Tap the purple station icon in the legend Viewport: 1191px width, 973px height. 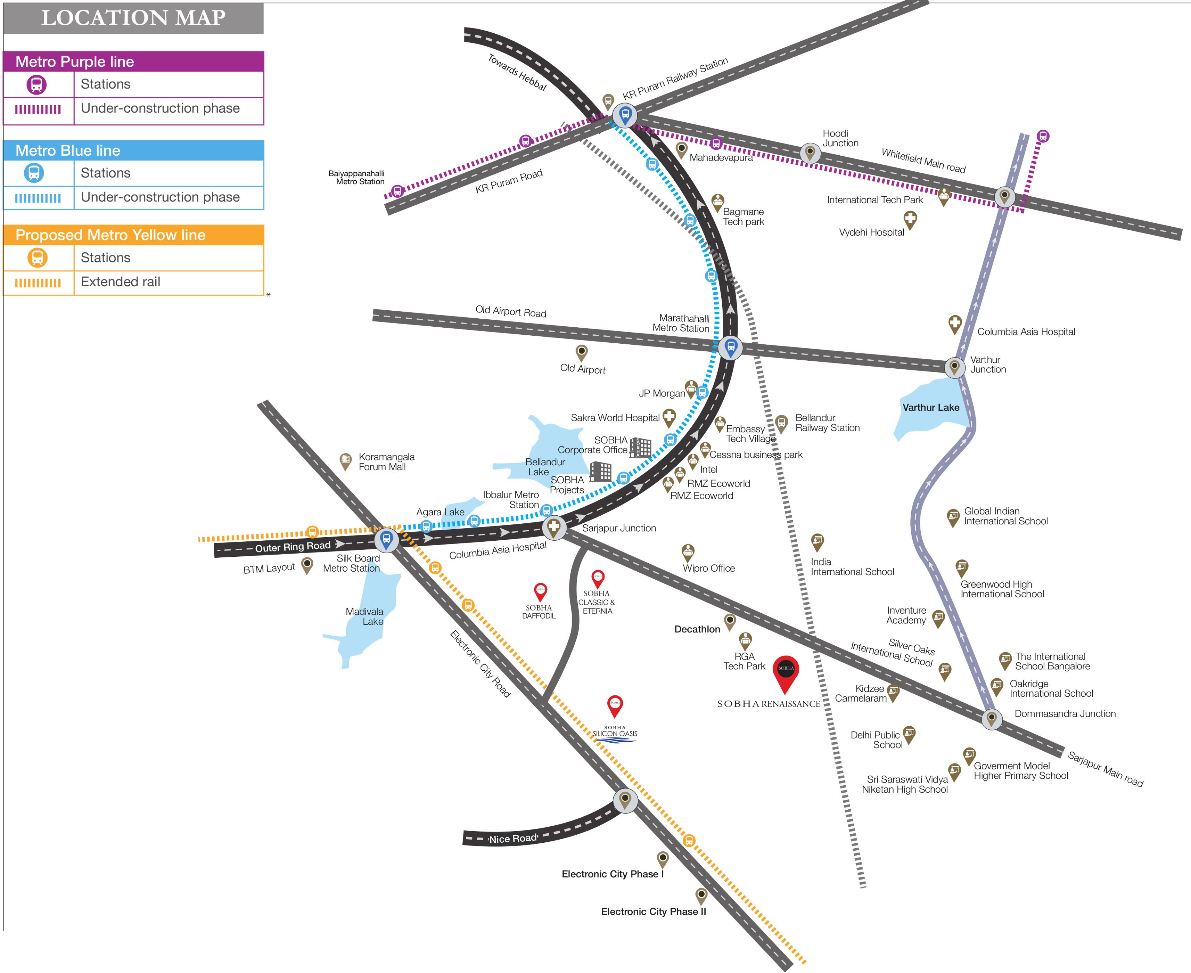pos(37,85)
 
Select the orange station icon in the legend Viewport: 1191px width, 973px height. pos(38,258)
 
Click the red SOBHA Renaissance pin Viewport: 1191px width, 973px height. pos(786,672)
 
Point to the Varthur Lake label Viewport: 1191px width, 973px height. pos(930,408)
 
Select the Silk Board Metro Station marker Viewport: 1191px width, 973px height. pos(386,540)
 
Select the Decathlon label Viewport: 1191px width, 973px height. pos(697,629)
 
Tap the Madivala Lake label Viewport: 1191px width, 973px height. pos(364,616)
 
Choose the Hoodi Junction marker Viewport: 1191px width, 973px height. pos(809,152)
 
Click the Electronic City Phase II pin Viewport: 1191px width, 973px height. pos(701,895)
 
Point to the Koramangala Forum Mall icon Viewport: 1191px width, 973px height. pos(346,461)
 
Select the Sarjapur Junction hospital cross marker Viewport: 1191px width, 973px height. pos(554,527)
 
